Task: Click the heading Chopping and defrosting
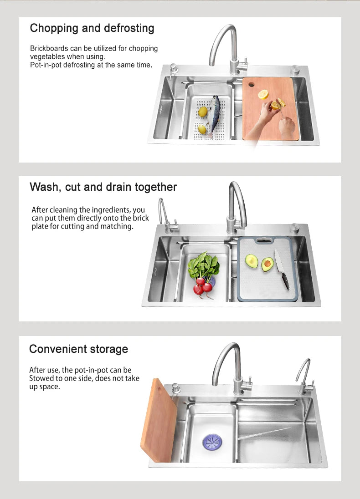pos(92,28)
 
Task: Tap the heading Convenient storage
pos(78,349)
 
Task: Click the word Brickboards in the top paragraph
pos(49,49)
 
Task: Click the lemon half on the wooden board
pos(263,95)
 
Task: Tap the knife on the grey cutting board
pos(282,270)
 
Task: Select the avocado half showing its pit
pos(267,264)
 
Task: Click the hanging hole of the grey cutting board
pos(262,240)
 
